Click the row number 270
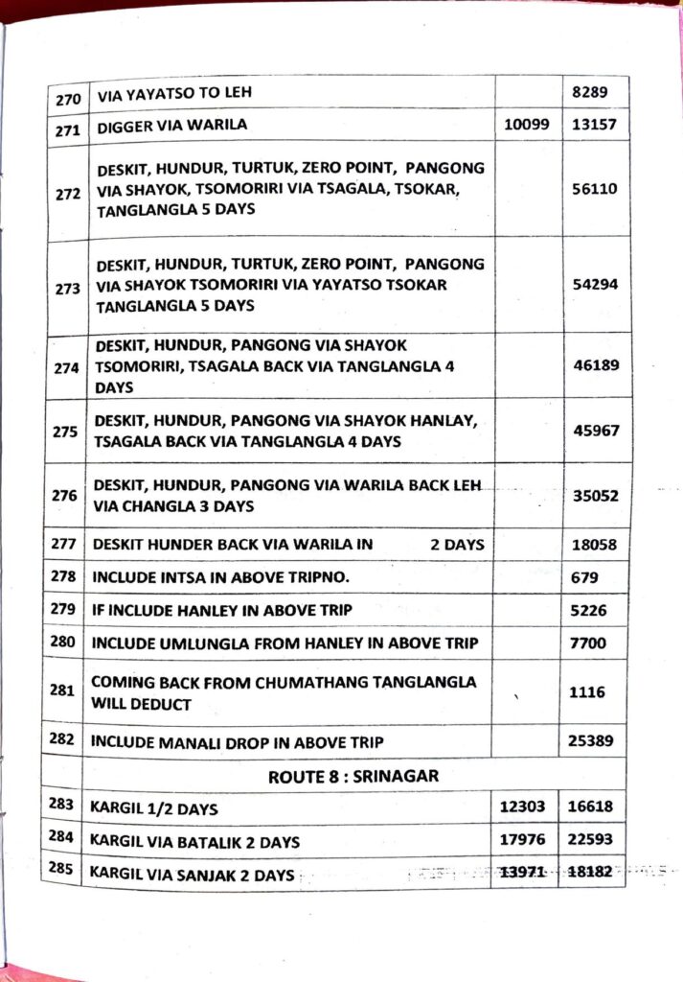tap(66, 97)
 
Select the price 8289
tap(595, 94)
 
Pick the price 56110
tap(595, 190)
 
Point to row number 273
tap(68, 288)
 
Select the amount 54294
tap(595, 286)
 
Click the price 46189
tap(595, 365)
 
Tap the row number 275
tap(67, 432)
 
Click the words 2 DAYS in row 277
tap(457, 544)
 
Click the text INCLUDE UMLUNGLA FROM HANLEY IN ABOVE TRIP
tap(285, 643)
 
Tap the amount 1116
tap(587, 691)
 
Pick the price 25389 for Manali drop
tap(595, 740)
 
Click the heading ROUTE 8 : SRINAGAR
tap(353, 776)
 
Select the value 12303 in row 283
tap(524, 807)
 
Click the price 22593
tap(595, 841)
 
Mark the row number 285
tap(64, 873)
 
